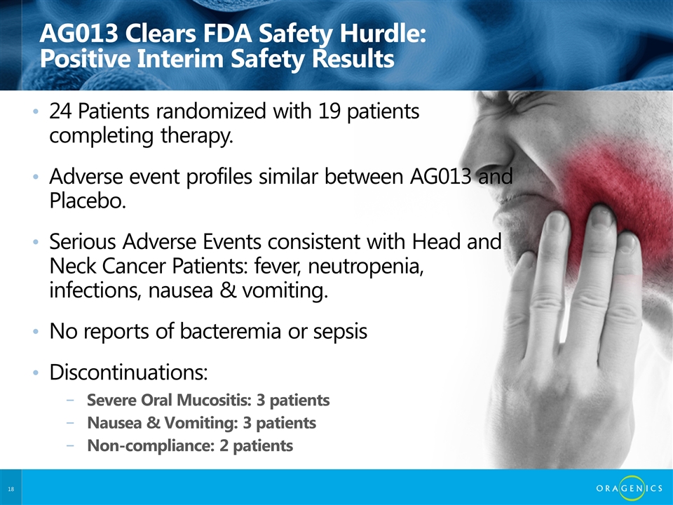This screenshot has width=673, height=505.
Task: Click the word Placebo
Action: (88, 200)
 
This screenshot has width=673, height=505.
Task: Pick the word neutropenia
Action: (366, 267)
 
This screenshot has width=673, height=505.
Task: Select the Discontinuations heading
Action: (128, 372)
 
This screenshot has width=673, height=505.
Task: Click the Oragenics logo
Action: (630, 488)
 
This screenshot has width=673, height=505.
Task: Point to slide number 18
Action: (11, 489)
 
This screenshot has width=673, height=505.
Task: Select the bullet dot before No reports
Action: (36, 332)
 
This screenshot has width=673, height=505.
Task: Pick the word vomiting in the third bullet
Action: (285, 290)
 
